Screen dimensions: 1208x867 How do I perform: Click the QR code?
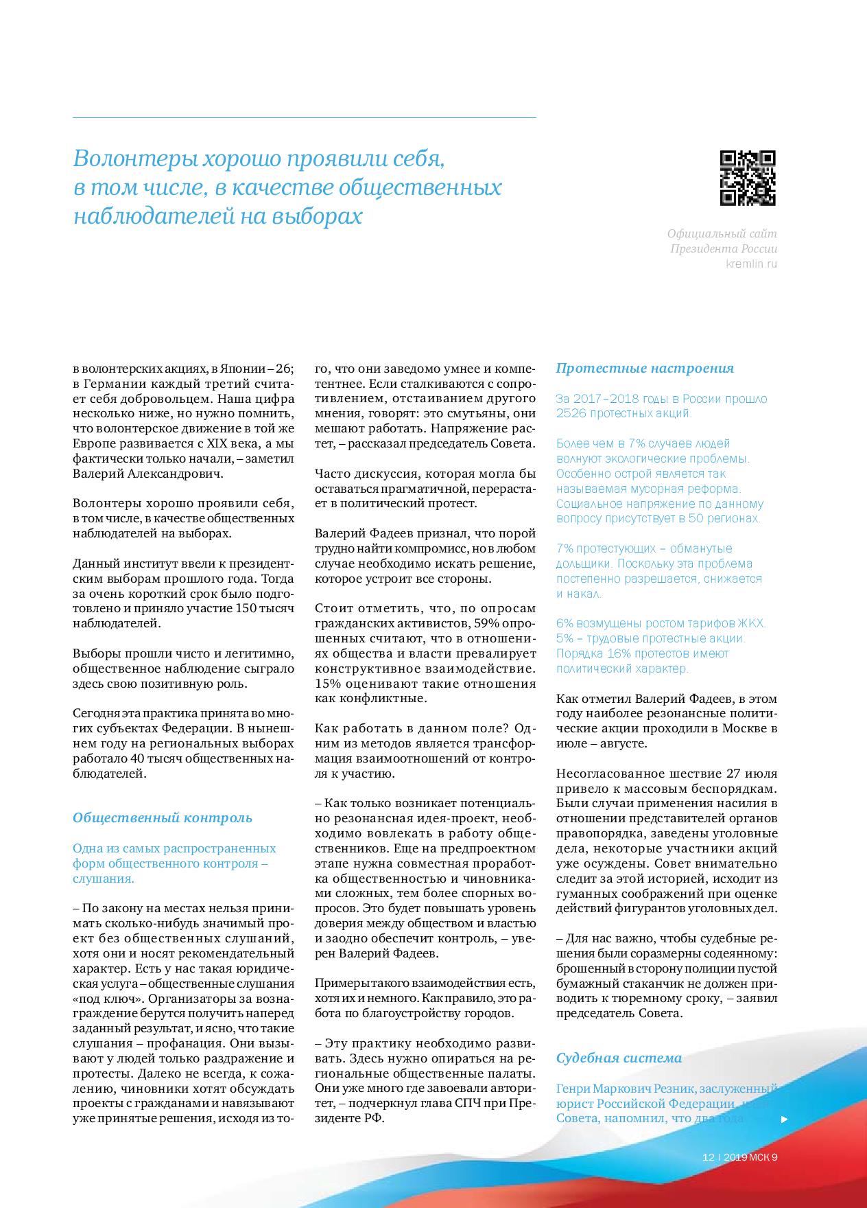tap(748, 178)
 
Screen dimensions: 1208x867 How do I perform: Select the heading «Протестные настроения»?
tap(644, 369)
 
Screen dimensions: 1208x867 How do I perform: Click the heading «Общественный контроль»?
tap(163, 817)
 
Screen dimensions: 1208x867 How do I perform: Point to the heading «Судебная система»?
tap(619, 1058)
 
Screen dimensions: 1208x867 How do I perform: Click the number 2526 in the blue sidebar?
tap(571, 414)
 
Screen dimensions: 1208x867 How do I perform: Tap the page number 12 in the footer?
tap(709, 1157)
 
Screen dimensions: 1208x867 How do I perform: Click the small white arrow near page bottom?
tap(785, 1119)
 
